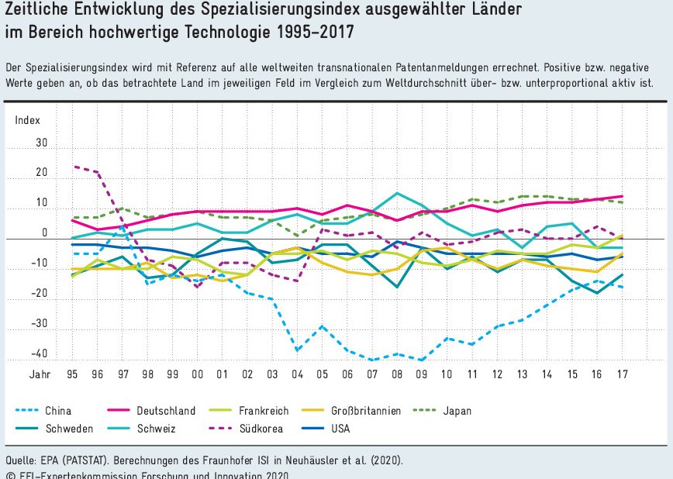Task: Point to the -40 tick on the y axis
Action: pyautogui.click(x=39, y=354)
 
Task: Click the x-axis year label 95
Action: pyautogui.click(x=72, y=374)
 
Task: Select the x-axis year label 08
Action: pyautogui.click(x=397, y=374)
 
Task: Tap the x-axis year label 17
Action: pyautogui.click(x=622, y=374)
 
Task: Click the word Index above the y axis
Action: pyautogui.click(x=28, y=119)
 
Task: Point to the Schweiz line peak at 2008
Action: pyautogui.click(x=397, y=193)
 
